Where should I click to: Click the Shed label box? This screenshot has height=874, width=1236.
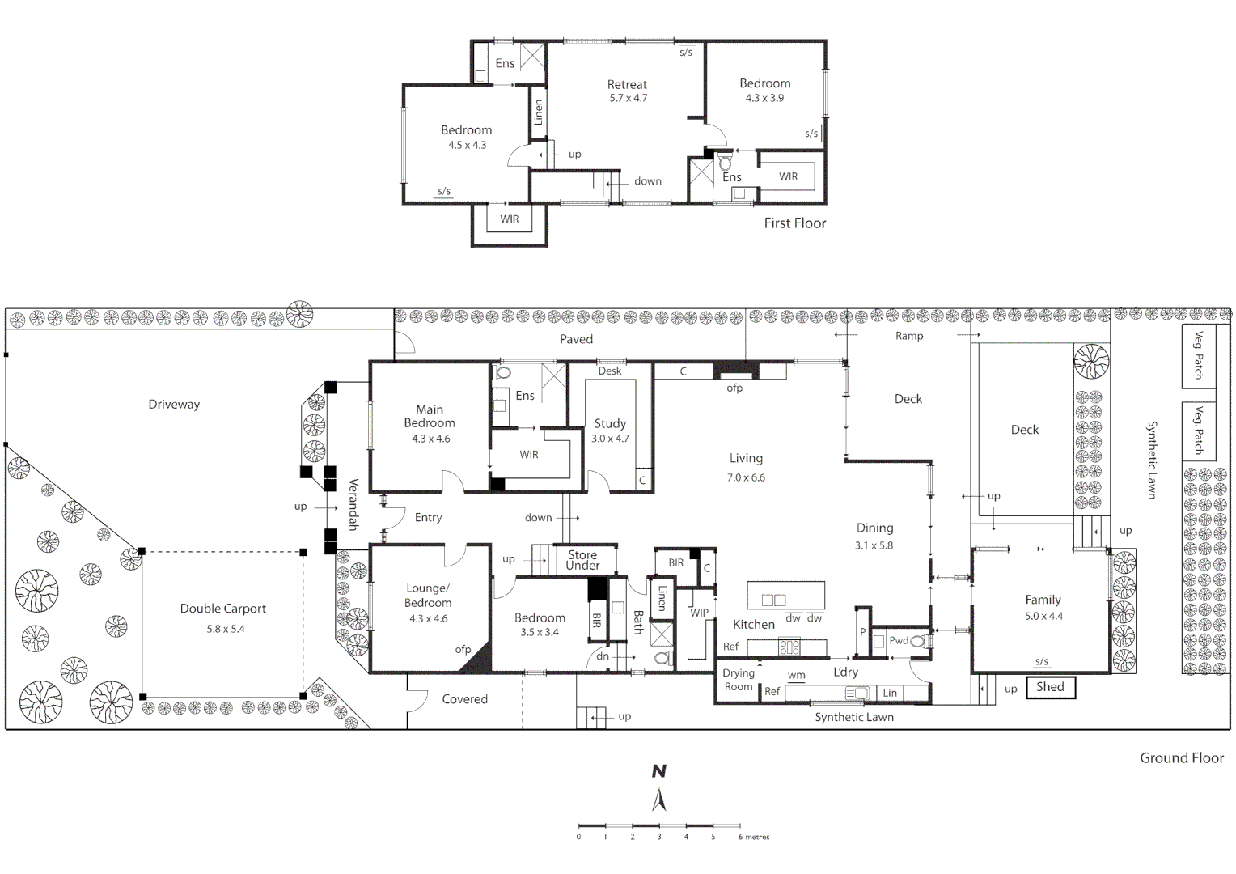(1050, 687)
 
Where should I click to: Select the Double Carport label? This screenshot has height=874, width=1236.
(222, 609)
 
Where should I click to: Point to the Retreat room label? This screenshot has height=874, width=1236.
(627, 84)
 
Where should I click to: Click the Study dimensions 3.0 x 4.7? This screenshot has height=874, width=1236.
(610, 439)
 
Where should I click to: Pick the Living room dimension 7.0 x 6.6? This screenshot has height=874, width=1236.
(745, 477)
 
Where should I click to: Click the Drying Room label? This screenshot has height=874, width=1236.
(738, 680)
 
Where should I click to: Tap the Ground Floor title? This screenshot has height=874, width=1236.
(1181, 757)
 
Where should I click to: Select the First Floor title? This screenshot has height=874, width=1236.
(794, 223)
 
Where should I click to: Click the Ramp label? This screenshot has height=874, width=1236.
(908, 336)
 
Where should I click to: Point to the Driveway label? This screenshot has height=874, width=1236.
(174, 404)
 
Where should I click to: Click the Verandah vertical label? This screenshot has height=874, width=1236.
(353, 504)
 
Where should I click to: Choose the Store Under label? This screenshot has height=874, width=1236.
(582, 560)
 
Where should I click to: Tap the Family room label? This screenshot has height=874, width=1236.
(1043, 600)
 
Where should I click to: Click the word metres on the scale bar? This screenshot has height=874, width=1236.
(757, 837)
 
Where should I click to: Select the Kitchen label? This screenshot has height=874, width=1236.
(753, 624)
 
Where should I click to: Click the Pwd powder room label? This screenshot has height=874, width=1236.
(898, 640)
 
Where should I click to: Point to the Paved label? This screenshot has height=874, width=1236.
(576, 339)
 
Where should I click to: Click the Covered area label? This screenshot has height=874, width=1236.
(464, 699)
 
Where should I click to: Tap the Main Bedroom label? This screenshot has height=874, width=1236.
(430, 416)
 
